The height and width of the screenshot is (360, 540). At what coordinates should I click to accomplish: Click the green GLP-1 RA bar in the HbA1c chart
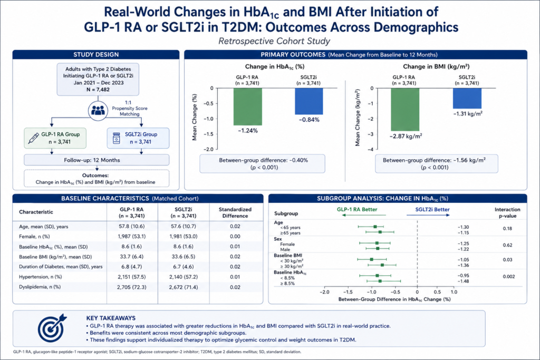click(248, 106)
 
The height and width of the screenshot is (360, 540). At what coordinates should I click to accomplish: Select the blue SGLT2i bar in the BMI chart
click(467, 99)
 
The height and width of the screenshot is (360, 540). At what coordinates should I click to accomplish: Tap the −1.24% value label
click(248, 131)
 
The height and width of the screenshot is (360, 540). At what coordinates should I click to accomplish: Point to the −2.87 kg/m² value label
click(406, 137)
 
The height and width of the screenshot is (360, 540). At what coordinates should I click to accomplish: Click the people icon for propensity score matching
click(98, 111)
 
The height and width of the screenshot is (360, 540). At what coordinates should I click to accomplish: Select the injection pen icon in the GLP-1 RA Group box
click(33, 138)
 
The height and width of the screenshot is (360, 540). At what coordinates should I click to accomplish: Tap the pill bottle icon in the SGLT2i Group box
click(117, 138)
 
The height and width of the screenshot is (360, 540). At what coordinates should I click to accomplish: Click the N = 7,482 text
click(98, 90)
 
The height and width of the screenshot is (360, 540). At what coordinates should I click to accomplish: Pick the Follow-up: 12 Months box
click(97, 160)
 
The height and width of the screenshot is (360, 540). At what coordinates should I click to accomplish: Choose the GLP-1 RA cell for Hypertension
click(131, 277)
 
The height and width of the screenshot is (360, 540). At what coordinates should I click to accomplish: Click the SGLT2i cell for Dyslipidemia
click(183, 287)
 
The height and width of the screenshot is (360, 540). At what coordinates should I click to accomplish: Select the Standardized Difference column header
click(235, 213)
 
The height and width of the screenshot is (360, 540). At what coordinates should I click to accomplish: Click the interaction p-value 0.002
click(509, 276)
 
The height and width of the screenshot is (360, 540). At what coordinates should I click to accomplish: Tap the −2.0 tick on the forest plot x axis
click(324, 292)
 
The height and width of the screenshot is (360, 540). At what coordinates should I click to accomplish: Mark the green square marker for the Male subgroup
click(378, 248)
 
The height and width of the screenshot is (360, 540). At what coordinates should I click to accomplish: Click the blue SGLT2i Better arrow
click(428, 215)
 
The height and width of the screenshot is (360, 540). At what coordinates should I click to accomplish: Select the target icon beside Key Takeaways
click(52, 328)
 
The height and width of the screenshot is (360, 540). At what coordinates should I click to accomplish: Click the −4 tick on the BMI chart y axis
click(372, 149)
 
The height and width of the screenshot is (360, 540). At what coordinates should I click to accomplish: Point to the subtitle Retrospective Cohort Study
click(274, 41)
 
